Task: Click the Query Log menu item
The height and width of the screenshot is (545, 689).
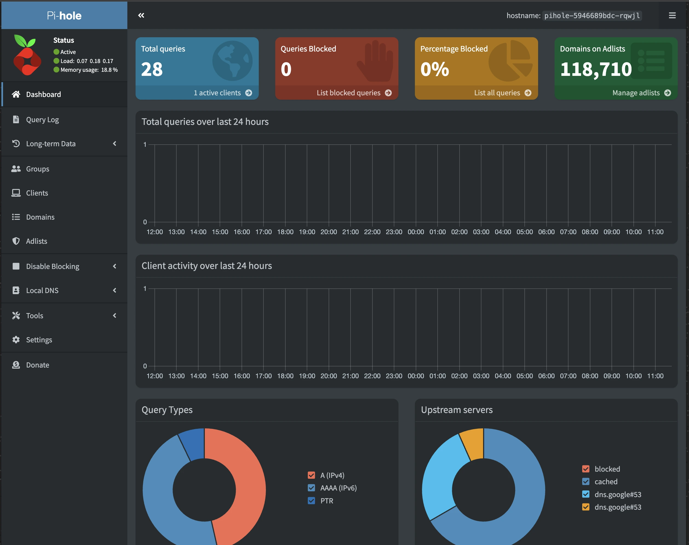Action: pos(42,120)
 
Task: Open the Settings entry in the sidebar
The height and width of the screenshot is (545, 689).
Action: pos(39,340)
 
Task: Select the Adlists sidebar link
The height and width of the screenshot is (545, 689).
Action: pos(36,241)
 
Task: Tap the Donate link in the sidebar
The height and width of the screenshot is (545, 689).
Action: pos(37,365)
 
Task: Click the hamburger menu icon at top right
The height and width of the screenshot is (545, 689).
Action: pos(672,15)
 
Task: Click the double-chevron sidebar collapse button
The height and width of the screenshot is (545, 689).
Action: pos(141,15)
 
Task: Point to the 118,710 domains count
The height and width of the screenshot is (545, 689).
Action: pos(596,69)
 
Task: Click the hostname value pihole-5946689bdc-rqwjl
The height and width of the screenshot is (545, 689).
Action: pos(592,16)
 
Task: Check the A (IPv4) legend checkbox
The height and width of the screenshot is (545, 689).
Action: pos(311,475)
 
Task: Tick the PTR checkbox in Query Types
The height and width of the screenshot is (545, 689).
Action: pos(311,501)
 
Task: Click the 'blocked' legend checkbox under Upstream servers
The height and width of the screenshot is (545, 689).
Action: pos(586,469)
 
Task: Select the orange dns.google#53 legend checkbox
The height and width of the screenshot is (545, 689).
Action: pos(586,507)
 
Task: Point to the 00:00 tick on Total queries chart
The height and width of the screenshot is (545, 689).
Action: pos(416,232)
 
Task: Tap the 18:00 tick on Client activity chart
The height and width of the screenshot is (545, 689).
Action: pos(285,376)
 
